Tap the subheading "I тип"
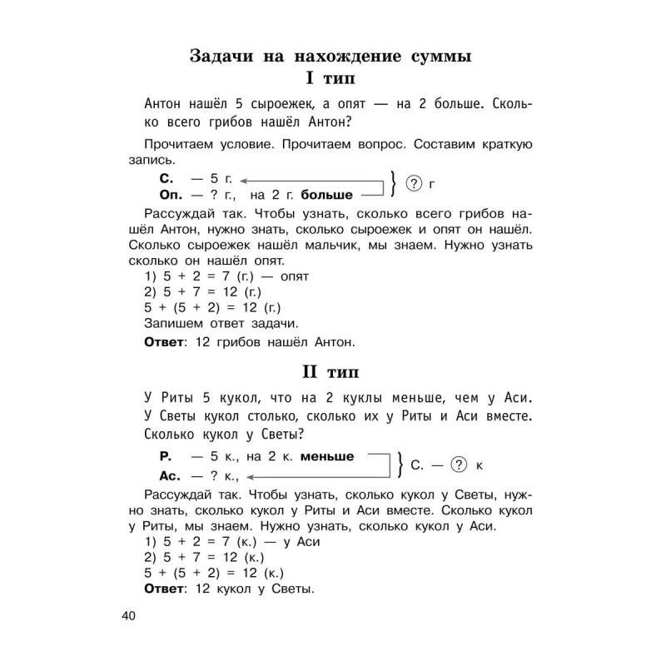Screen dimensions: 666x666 coord(331,81)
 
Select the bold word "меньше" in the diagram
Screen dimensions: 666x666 coord(327,456)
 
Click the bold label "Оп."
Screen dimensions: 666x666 coord(169,195)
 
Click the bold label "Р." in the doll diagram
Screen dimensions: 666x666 coord(164,456)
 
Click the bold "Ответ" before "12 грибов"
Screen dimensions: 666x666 coord(166,341)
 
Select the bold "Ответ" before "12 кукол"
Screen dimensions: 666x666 coord(166,590)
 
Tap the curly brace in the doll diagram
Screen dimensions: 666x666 coord(400,466)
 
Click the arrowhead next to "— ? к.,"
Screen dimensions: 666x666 coord(249,477)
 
